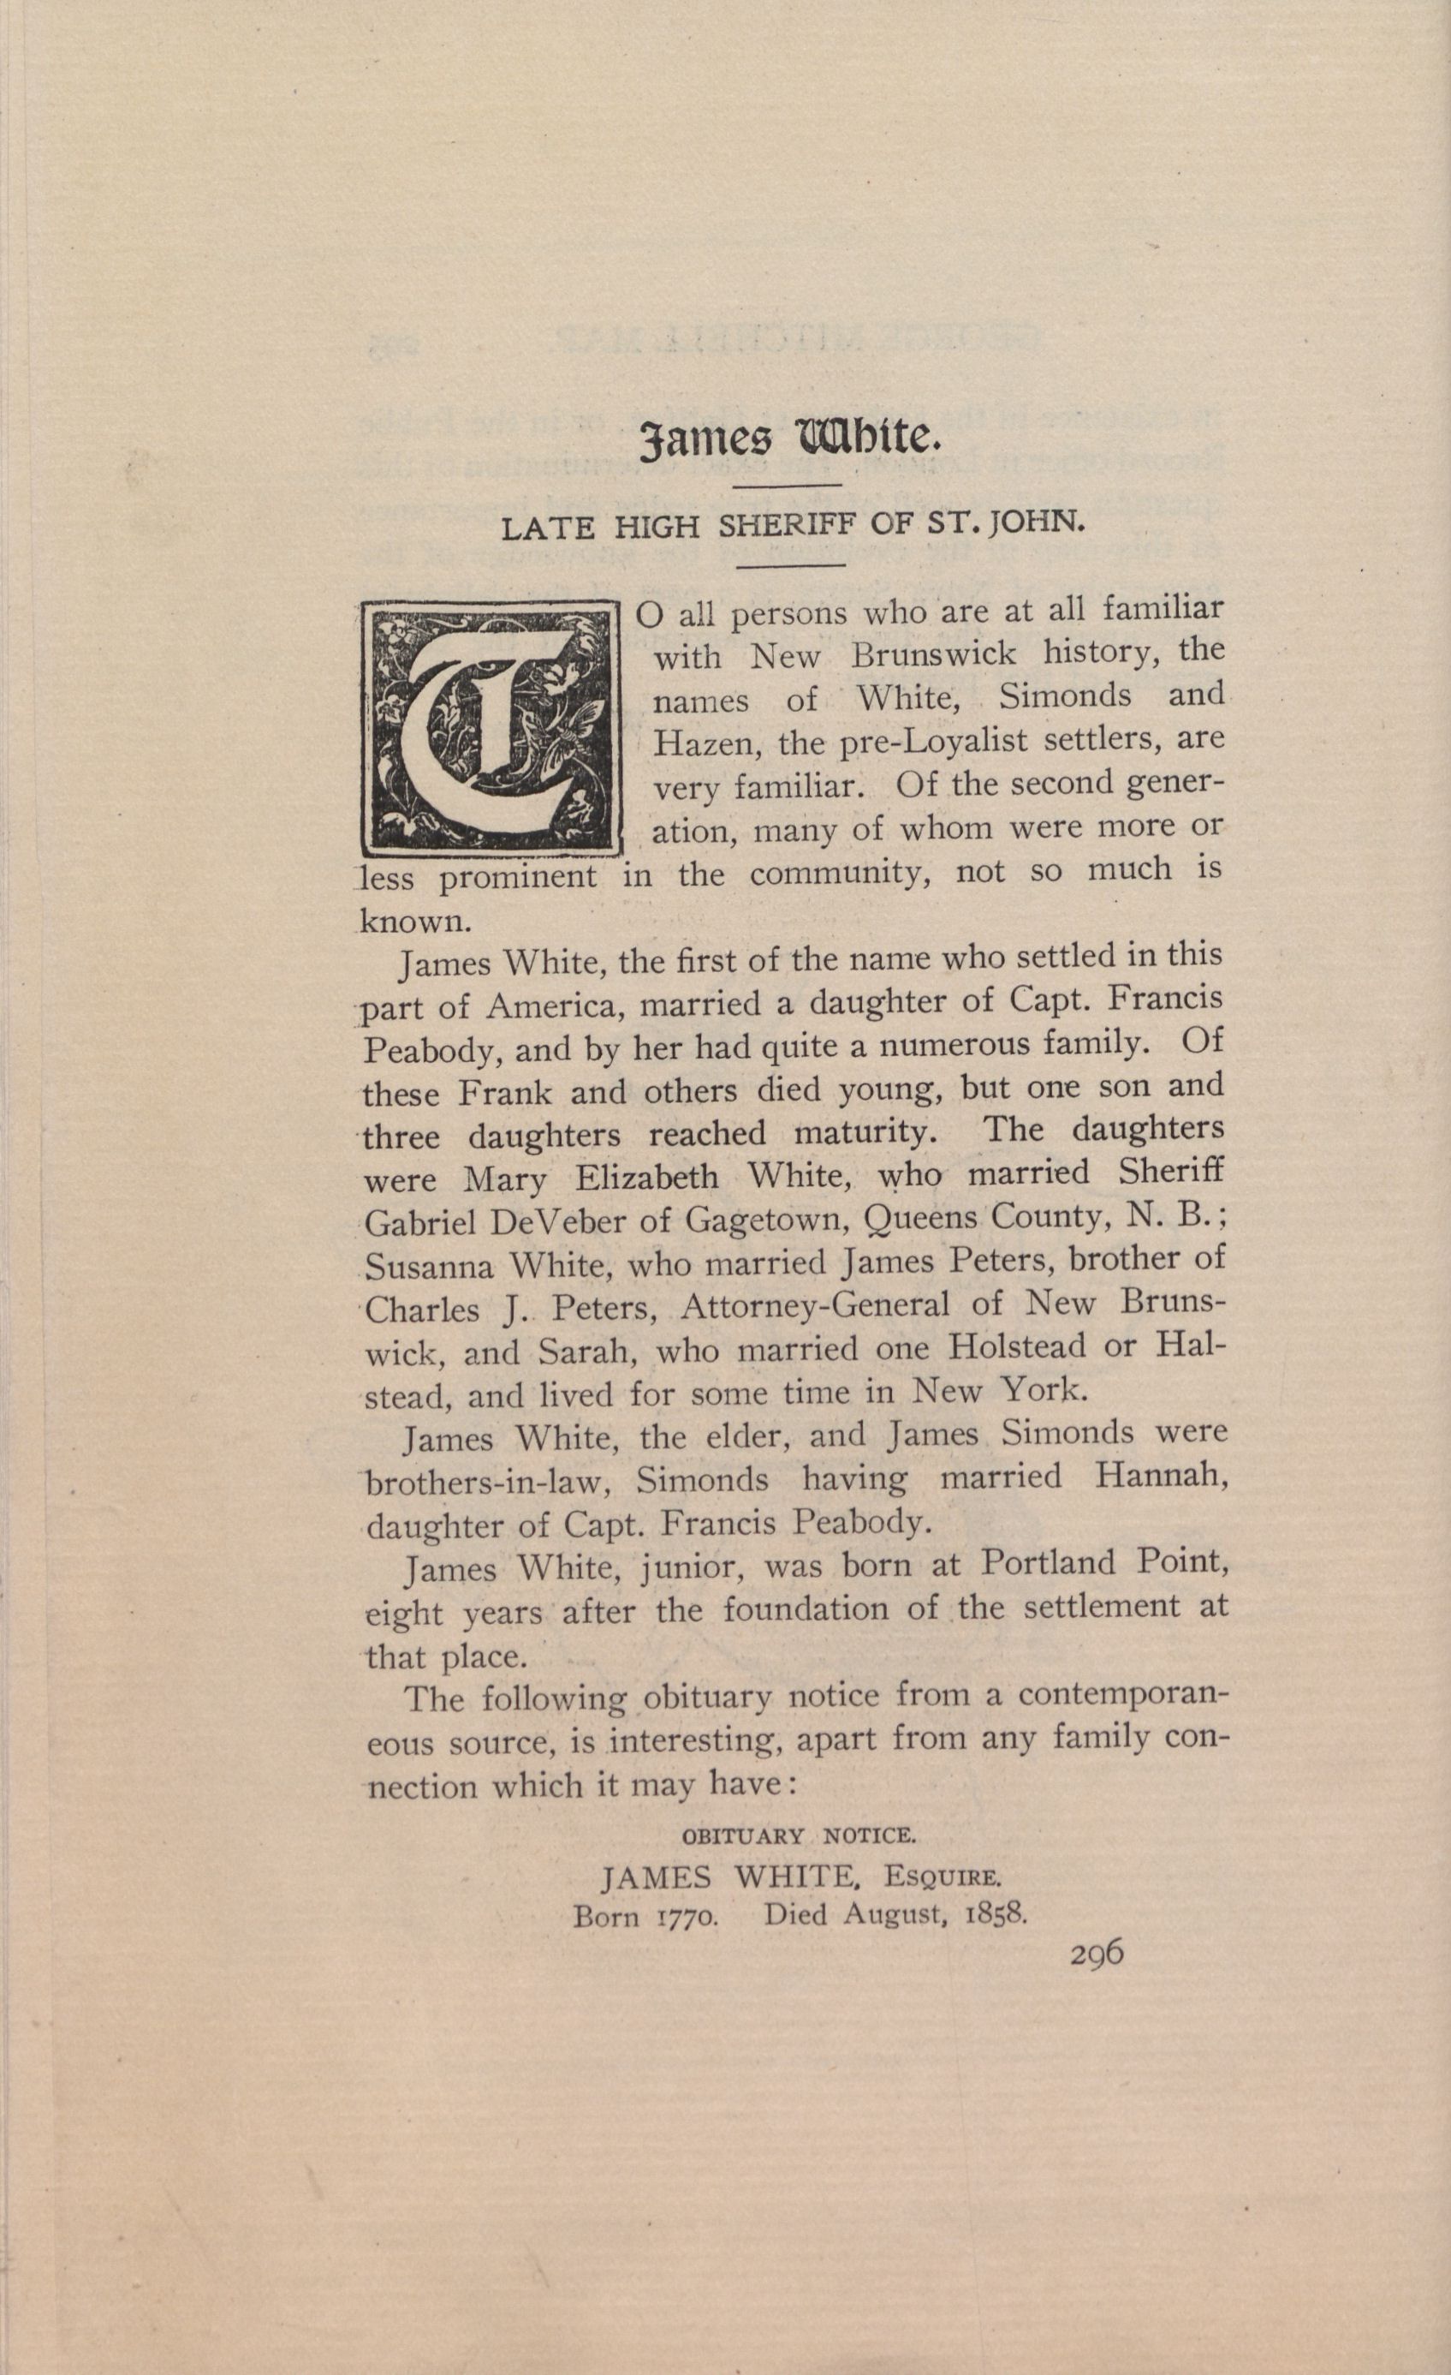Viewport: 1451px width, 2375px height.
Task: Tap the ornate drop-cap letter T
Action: pos(490,728)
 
